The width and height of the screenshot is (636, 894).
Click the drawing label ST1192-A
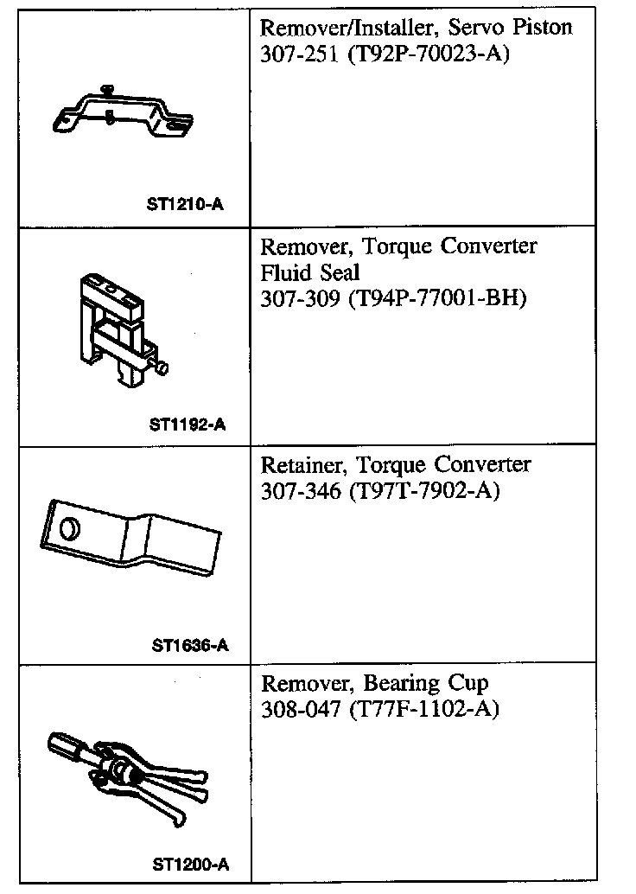point(188,425)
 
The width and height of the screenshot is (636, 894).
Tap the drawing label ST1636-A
point(189,645)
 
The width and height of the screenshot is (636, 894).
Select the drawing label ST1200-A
point(189,864)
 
